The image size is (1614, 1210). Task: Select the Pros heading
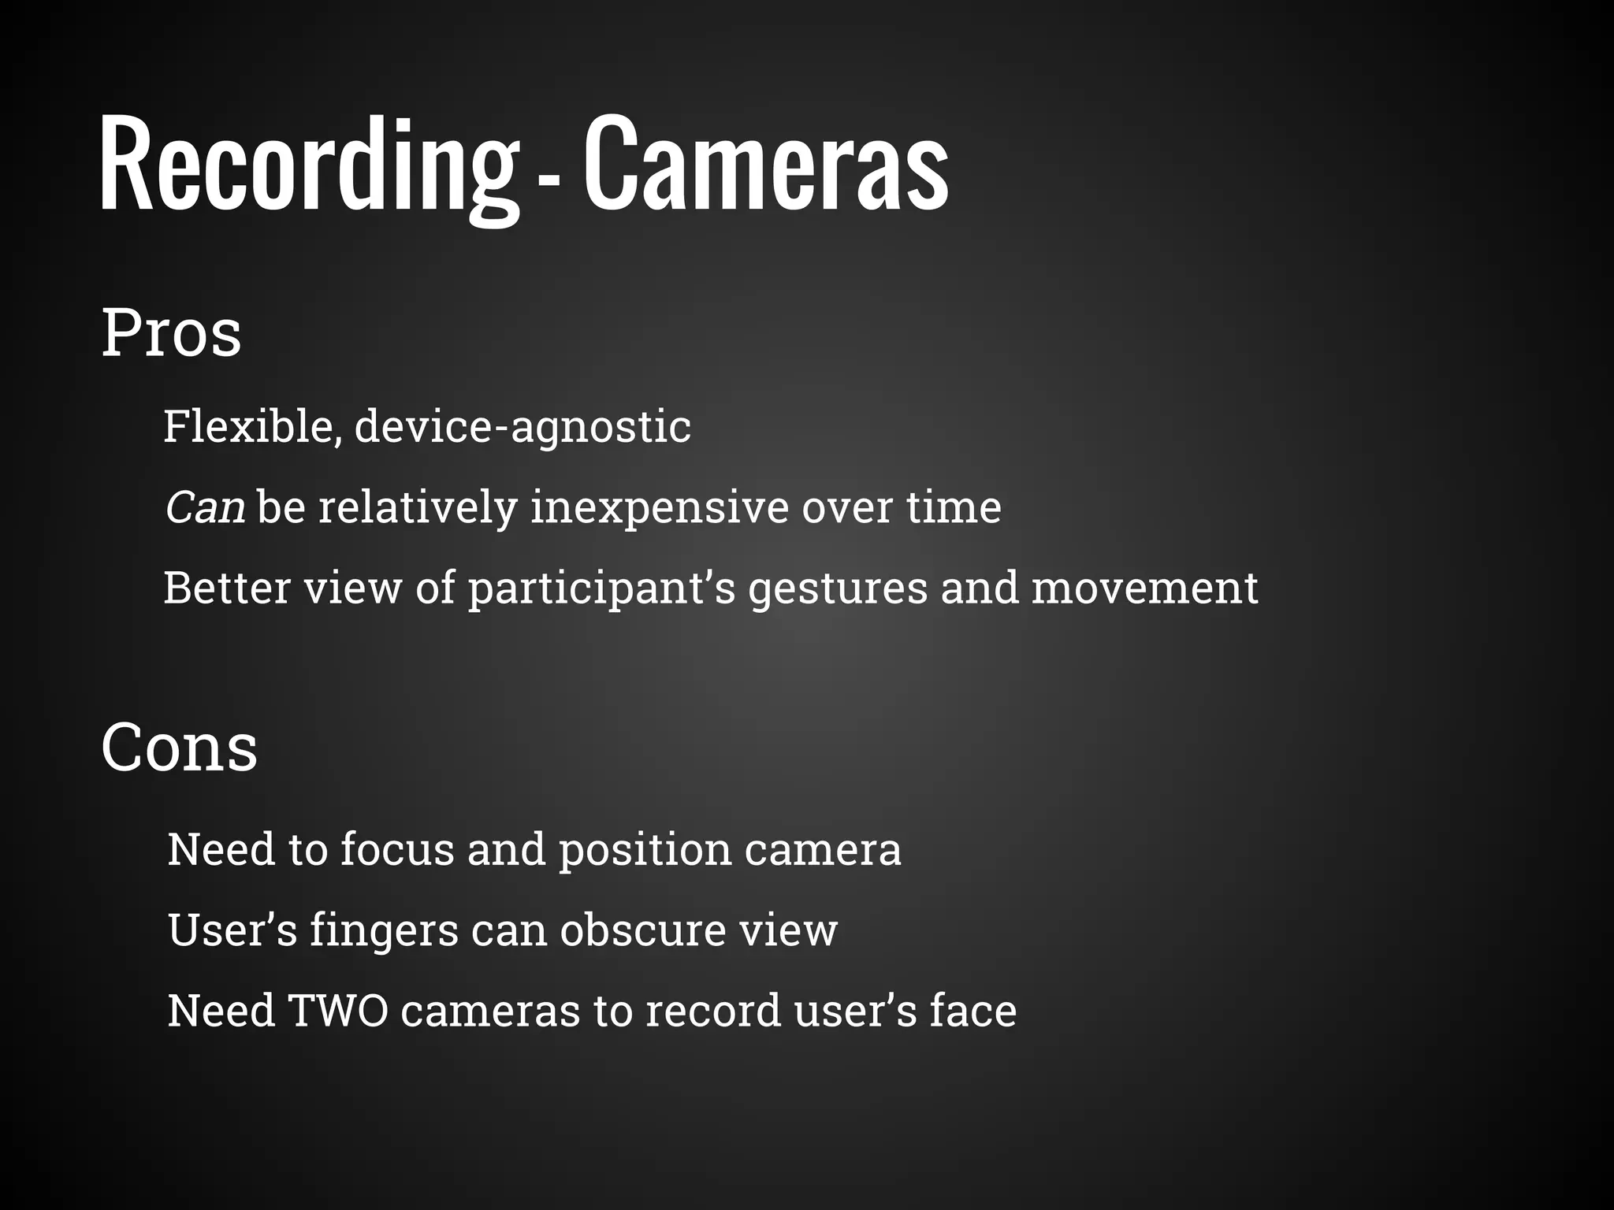[171, 334]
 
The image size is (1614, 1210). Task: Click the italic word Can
[205, 507]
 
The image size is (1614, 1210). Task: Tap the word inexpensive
[659, 507]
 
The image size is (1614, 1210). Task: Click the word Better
[227, 588]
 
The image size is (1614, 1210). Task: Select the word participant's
[601, 589]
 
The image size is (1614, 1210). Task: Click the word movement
[1144, 588]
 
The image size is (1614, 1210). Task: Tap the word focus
[398, 849]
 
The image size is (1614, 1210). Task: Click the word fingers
[384, 930]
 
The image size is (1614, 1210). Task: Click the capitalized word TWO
[338, 1011]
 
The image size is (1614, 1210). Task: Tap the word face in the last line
[972, 1011]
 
